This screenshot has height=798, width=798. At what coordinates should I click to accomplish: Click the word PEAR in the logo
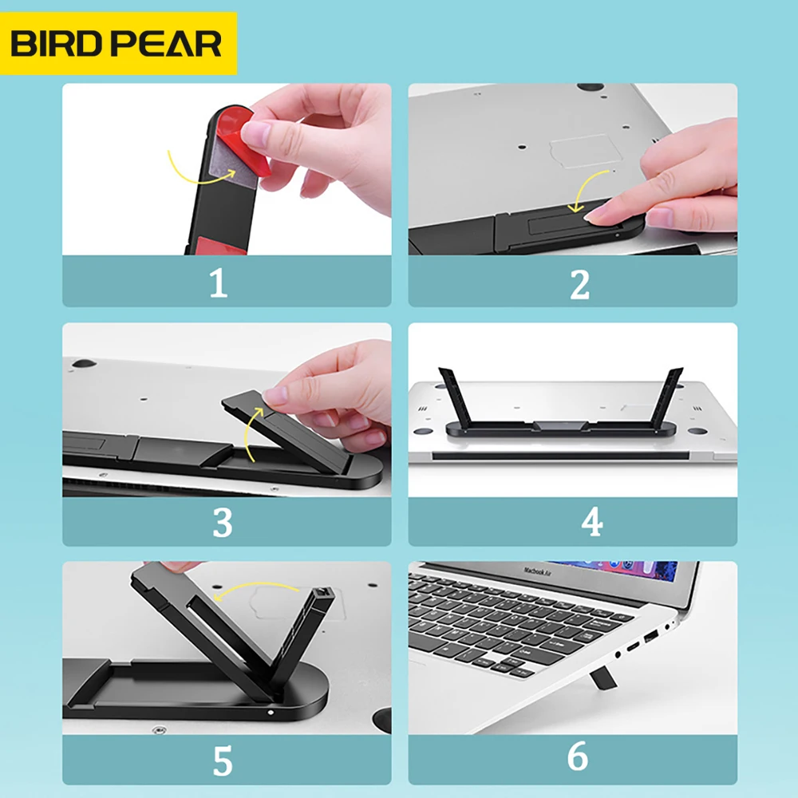coord(169,44)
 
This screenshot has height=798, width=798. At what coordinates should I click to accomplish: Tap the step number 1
coord(218,283)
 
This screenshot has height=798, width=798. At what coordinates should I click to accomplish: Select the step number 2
coord(579,283)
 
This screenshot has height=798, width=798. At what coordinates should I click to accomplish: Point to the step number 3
coord(222,523)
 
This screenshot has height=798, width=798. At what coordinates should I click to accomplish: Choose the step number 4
coord(591,523)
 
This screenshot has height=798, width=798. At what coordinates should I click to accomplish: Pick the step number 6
coord(578,757)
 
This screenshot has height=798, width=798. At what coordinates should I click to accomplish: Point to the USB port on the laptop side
coord(650,636)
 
